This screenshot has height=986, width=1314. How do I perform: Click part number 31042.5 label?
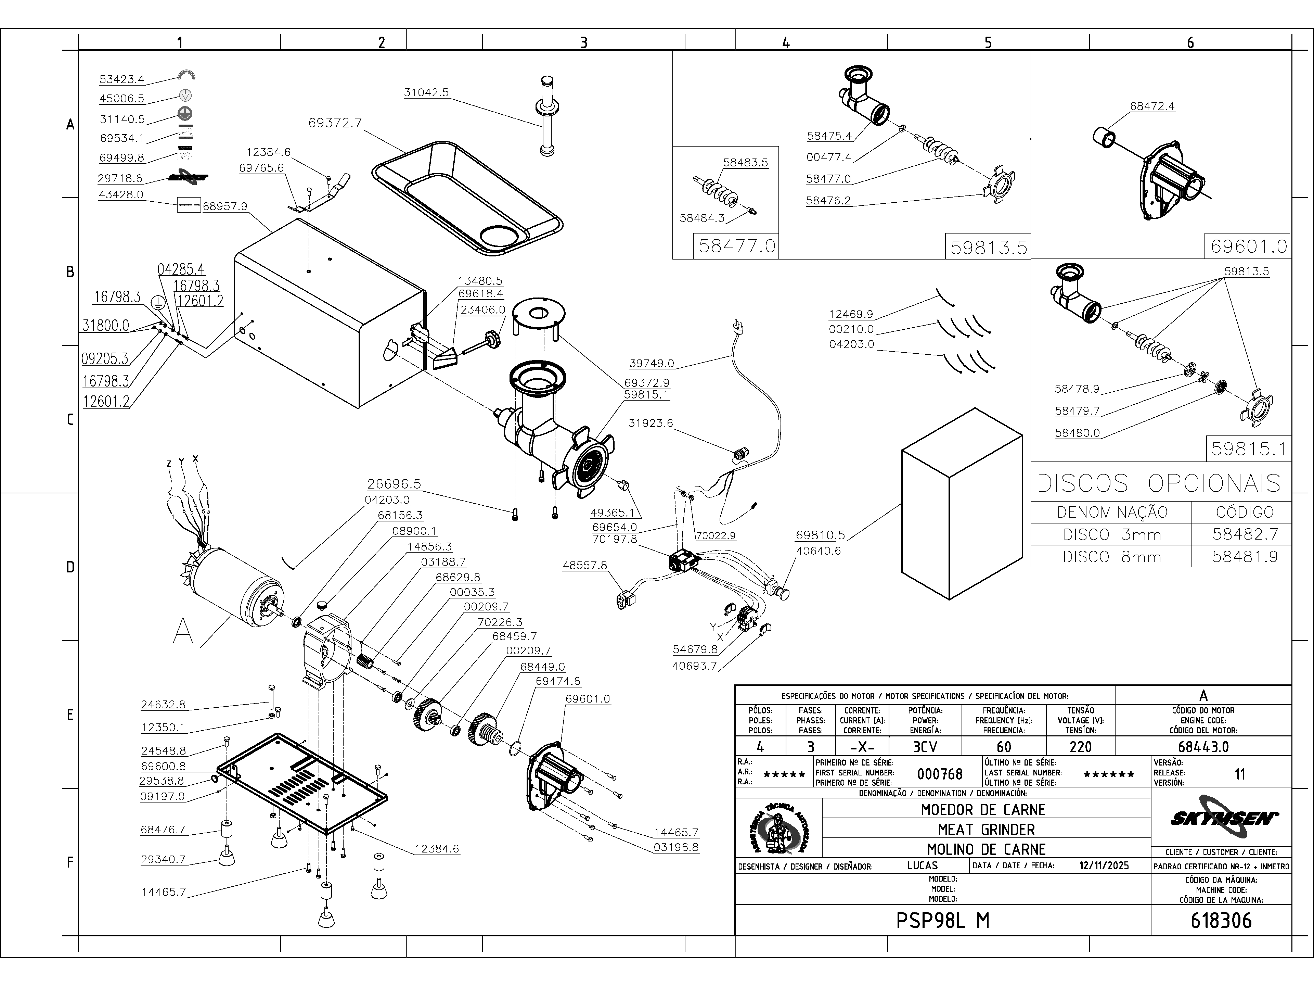[x=426, y=93]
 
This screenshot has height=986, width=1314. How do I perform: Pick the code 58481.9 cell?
[x=1245, y=557]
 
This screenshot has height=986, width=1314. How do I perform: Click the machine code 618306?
[x=1221, y=921]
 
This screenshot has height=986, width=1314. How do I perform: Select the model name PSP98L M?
[x=943, y=921]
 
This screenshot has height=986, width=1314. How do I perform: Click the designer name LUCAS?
[x=923, y=866]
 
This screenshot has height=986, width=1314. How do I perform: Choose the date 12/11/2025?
[x=1104, y=866]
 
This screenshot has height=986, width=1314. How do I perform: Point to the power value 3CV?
[x=925, y=746]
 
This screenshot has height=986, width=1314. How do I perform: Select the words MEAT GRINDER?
[x=986, y=830]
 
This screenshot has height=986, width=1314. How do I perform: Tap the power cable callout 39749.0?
[x=652, y=363]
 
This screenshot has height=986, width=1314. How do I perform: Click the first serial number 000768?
[x=940, y=774]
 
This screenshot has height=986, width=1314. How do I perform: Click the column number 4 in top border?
[x=786, y=42]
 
